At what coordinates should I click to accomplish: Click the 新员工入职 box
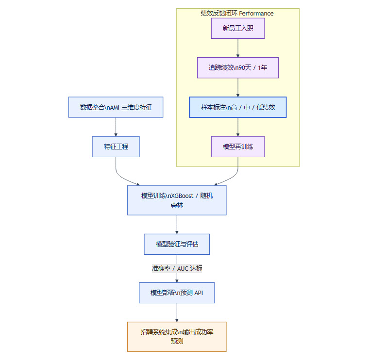238,28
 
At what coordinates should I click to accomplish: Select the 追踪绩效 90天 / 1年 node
238,67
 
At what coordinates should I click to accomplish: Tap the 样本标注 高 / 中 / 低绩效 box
238,107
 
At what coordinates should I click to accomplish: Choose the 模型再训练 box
238,147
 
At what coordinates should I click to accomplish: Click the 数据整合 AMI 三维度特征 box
116,107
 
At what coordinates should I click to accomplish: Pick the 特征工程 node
116,147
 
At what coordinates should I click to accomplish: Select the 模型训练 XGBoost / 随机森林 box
177,200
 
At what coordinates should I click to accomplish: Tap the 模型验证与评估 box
177,244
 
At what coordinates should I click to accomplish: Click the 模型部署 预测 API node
177,293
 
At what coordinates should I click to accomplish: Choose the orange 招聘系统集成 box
177,337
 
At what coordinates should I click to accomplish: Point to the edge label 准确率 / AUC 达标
177,268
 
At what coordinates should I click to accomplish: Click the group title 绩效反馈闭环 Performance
237,14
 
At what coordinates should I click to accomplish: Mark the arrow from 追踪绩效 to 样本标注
238,87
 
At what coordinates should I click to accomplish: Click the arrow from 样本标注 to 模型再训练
238,127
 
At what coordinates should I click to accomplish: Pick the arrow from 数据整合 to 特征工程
116,127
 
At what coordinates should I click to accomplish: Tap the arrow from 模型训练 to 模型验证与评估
177,224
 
